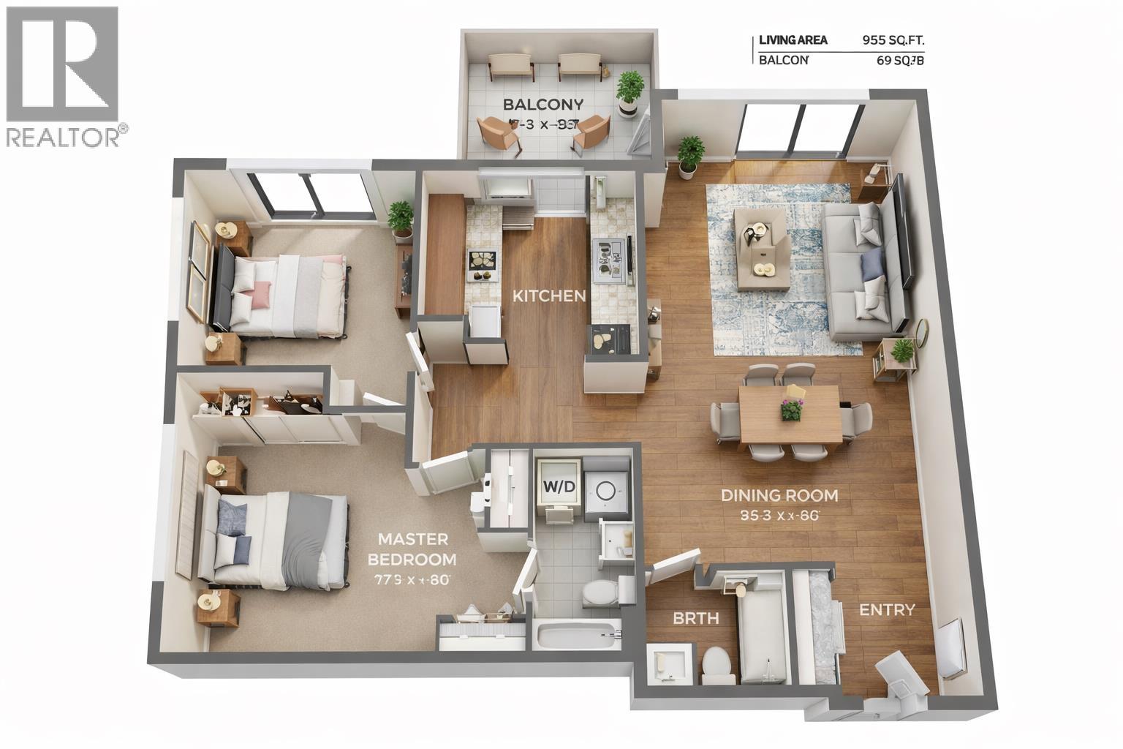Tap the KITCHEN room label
click(x=548, y=296)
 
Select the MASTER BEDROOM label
click(x=412, y=549)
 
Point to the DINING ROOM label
click(x=779, y=495)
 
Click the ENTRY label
click(x=886, y=610)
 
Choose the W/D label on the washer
click(x=559, y=485)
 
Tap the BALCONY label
click(x=542, y=104)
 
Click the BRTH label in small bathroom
click(x=695, y=619)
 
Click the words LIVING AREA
click(x=793, y=40)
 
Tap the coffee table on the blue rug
click(x=761, y=249)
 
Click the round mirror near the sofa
click(x=920, y=333)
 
